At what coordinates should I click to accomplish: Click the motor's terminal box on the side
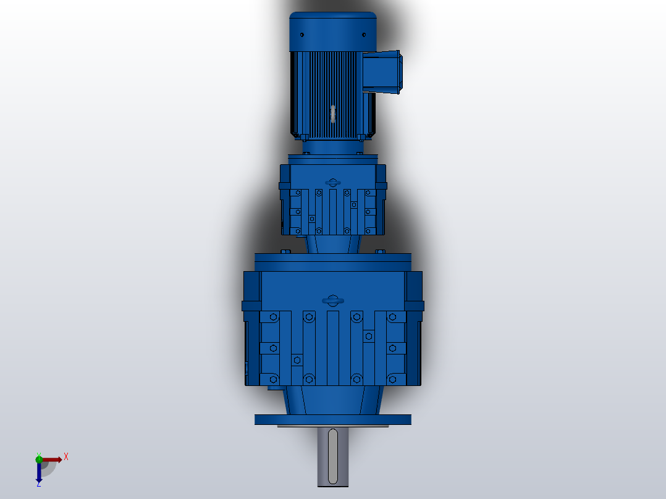click(x=382, y=72)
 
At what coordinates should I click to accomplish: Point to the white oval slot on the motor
click(x=332, y=113)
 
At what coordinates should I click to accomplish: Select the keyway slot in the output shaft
click(x=333, y=456)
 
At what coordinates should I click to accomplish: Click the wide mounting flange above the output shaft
click(x=333, y=419)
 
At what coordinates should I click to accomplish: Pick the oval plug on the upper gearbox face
click(x=333, y=182)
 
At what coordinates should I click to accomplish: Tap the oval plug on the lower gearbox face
click(x=332, y=300)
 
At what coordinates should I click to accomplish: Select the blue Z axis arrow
click(x=39, y=473)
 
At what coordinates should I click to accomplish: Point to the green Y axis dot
click(x=39, y=458)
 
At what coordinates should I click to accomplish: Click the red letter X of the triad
click(x=66, y=457)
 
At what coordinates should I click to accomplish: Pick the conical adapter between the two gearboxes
click(x=333, y=243)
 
